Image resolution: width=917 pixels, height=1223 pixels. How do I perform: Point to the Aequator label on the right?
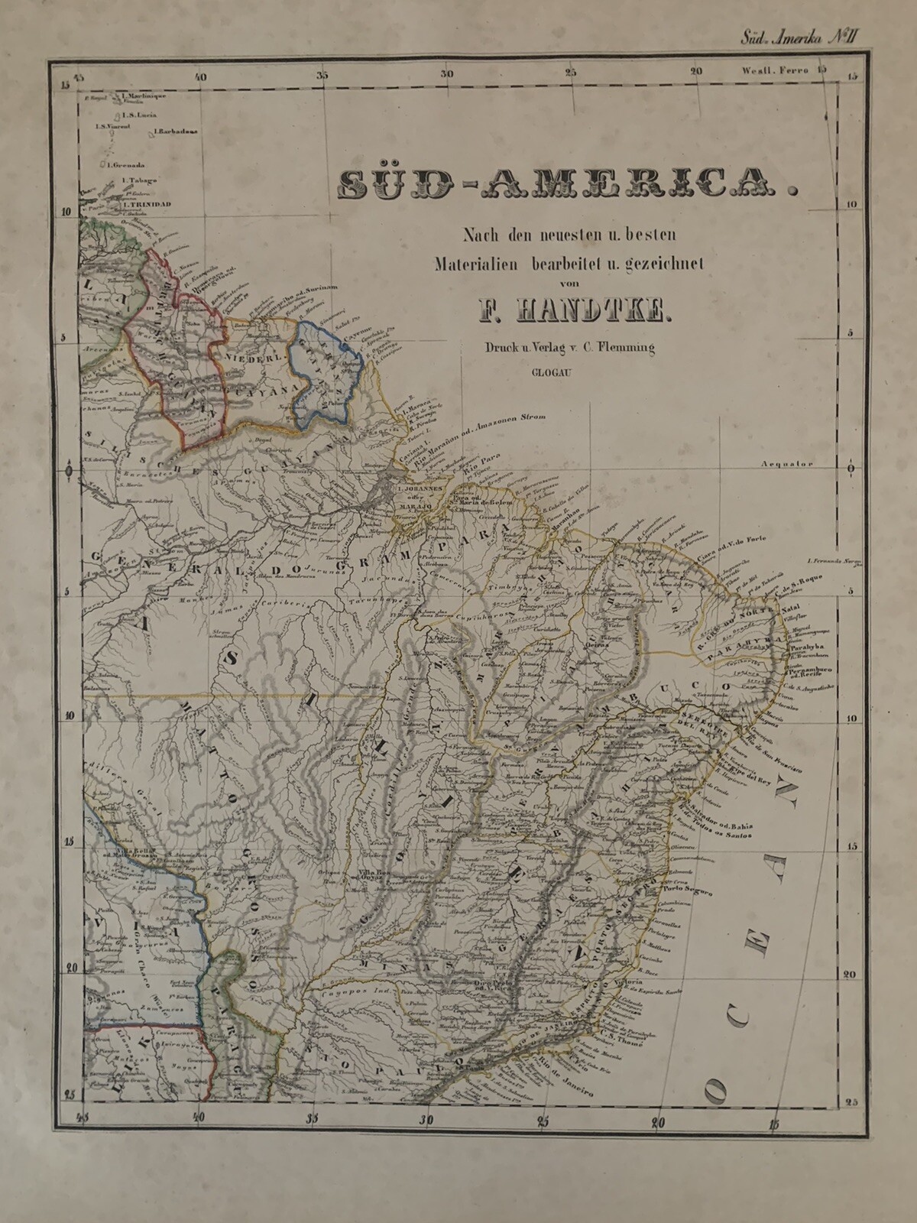pos(787,464)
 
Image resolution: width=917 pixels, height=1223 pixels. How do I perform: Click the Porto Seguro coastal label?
pos(689,892)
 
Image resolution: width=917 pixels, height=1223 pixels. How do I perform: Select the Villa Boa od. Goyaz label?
pos(371,876)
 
